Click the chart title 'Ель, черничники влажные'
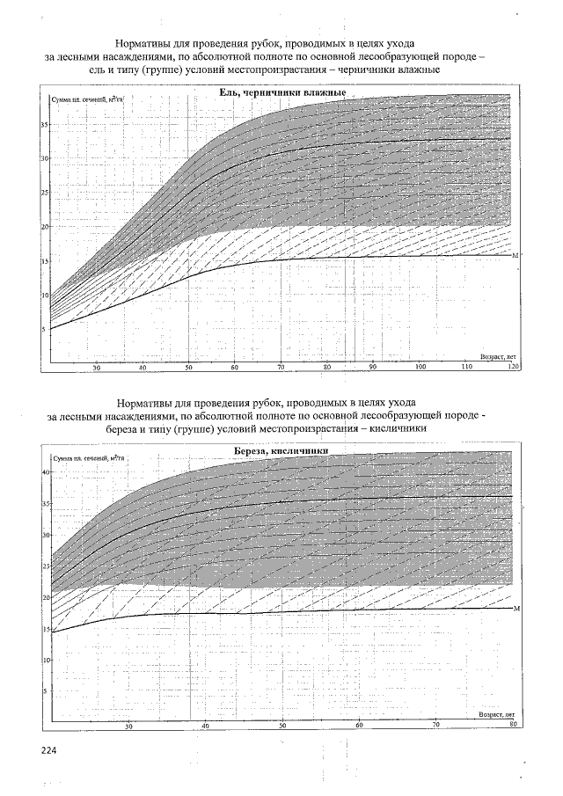pos(281,92)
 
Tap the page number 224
pos(48,750)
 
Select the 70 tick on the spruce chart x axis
pos(281,367)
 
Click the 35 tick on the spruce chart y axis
pos(45,125)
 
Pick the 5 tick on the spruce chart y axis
pos(45,329)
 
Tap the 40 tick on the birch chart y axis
pos(47,472)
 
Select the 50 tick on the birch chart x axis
pos(282,725)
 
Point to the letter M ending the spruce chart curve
pos(515,255)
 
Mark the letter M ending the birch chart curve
pos(516,609)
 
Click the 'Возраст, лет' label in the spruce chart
pos(496,357)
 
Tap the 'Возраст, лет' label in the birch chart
pos(495,715)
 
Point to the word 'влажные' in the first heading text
pos(417,69)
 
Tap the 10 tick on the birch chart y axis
pos(47,660)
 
